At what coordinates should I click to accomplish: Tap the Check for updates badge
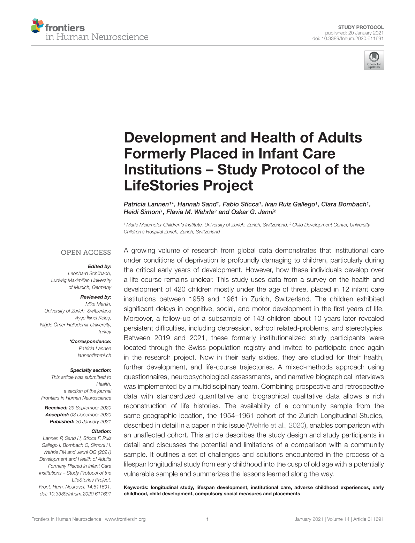(x=374, y=60)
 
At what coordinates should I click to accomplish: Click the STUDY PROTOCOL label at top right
(x=361, y=27)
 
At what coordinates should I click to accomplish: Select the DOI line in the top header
(x=348, y=38)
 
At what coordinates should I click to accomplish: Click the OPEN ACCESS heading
(x=86, y=253)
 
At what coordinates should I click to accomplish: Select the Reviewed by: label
(x=96, y=297)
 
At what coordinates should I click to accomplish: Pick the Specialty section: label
(x=90, y=370)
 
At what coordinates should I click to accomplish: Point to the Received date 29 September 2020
(x=90, y=408)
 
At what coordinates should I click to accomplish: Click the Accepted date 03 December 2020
(x=91, y=415)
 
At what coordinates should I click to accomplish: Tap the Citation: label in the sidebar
(x=101, y=431)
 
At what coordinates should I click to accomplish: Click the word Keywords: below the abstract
(x=136, y=488)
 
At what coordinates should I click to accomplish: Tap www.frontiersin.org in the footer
(x=125, y=519)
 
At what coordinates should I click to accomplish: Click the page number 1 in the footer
(x=207, y=519)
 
